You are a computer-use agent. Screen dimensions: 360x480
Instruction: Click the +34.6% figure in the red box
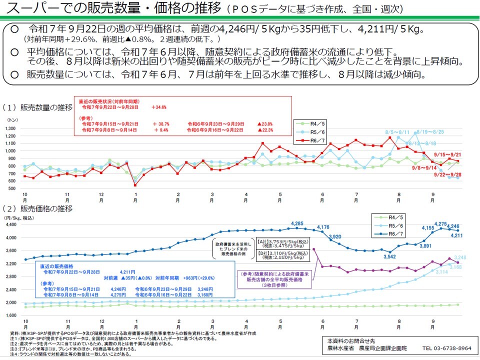(x=159, y=107)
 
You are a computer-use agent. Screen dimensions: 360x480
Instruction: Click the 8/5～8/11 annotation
(x=397, y=131)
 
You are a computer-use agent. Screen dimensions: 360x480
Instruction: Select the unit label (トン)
(x=13, y=120)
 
